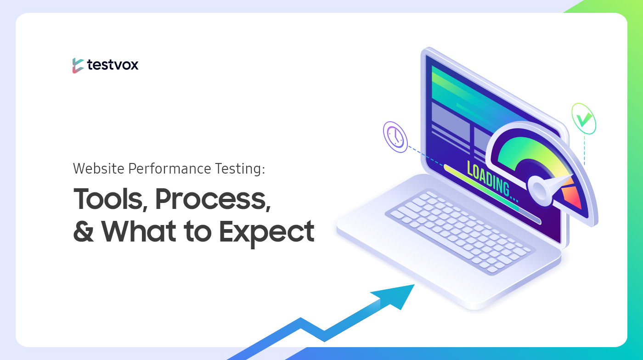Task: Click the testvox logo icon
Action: pyautogui.click(x=78, y=66)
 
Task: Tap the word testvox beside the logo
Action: pyautogui.click(x=113, y=65)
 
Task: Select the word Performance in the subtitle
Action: pyautogui.click(x=169, y=169)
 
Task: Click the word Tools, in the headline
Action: pyautogui.click(x=111, y=199)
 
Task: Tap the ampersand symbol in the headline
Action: pyautogui.click(x=84, y=231)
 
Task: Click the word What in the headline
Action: pyautogui.click(x=139, y=231)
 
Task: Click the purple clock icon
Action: pyautogui.click(x=395, y=137)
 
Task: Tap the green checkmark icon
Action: pyautogui.click(x=584, y=118)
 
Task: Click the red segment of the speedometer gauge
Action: pyautogui.click(x=572, y=197)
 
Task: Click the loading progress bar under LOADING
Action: pyautogui.click(x=492, y=194)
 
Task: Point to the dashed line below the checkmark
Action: pyautogui.click(x=584, y=150)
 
